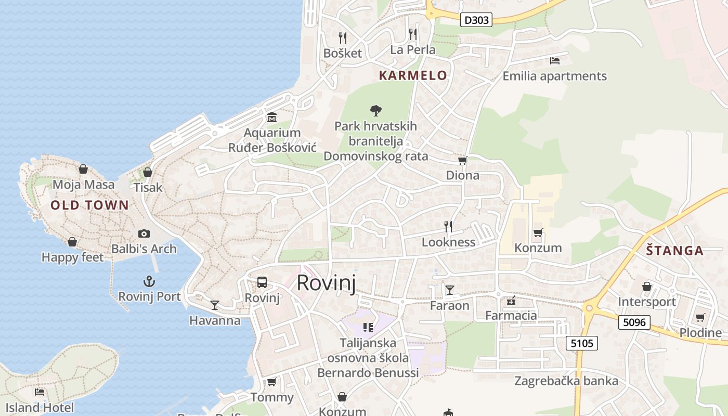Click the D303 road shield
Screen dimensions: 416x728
[476, 20]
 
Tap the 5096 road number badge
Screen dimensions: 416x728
[634, 322]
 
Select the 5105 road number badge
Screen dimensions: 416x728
[582, 343]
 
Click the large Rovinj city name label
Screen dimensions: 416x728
[326, 283]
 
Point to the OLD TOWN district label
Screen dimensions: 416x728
[89, 205]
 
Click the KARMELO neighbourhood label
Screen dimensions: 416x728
[413, 75]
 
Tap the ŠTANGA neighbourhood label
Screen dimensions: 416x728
[674, 251]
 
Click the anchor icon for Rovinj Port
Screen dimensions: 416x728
[149, 282]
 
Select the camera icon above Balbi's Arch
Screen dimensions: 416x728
[144, 234]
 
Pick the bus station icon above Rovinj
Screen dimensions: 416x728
[262, 282]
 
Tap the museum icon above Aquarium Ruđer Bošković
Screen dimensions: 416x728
[271, 118]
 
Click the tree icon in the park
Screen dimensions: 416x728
[375, 110]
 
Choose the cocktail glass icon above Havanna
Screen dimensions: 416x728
[214, 305]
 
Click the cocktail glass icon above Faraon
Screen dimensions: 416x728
[449, 290]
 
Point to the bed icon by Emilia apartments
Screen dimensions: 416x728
[555, 61]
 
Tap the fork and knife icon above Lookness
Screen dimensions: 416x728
[448, 226]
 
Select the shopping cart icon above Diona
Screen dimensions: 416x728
[462, 160]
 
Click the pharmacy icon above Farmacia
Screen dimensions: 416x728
[511, 300]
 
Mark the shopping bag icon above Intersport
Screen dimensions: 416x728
[646, 287]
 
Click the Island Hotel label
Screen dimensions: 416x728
[40, 408]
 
